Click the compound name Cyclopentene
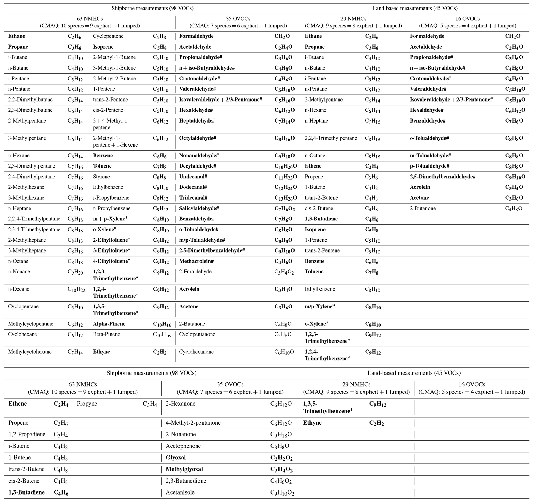(108, 36)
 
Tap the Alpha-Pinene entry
(109, 324)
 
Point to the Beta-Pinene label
(106, 334)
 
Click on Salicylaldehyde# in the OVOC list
(199, 208)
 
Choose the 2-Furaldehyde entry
(195, 272)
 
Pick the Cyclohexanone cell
(196, 352)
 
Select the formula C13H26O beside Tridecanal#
(285, 198)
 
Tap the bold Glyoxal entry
(176, 457)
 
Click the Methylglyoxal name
(184, 469)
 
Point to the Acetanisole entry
(180, 492)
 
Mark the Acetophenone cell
(183, 446)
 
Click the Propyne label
(87, 404)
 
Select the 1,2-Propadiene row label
(27, 434)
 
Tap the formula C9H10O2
(282, 493)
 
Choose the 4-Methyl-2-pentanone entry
(193, 423)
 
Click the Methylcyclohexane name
(30, 352)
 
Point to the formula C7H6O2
(284, 209)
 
